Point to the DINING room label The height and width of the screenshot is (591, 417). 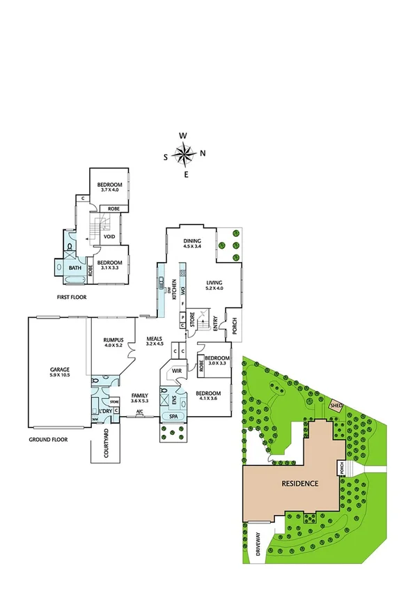pyautogui.click(x=192, y=241)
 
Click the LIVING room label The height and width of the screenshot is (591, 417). pyautogui.click(x=214, y=282)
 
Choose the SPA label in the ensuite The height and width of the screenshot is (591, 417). pyautogui.click(x=173, y=416)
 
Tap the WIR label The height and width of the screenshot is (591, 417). pyautogui.click(x=177, y=371)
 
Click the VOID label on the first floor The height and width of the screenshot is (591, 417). pyautogui.click(x=109, y=236)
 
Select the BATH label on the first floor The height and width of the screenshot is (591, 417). pyautogui.click(x=75, y=267)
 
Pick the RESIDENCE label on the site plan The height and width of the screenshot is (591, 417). pyautogui.click(x=299, y=483)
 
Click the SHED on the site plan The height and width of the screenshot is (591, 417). pyautogui.click(x=337, y=406)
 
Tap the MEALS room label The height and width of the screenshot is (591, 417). pyautogui.click(x=154, y=339)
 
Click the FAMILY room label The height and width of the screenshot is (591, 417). pyautogui.click(x=140, y=396)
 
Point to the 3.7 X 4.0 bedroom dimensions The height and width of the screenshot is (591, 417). pyautogui.click(x=109, y=189)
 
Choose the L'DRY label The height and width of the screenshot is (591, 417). pyautogui.click(x=105, y=410)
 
